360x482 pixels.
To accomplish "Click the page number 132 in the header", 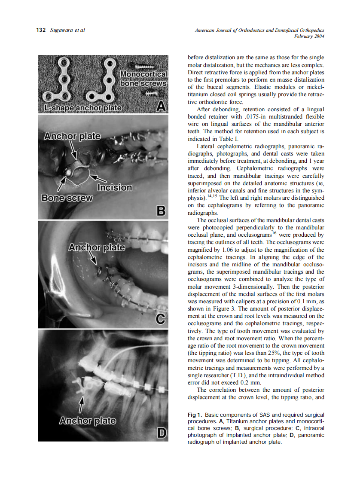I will click(x=41, y=30).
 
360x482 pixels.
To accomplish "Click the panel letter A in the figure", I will click(x=161, y=105).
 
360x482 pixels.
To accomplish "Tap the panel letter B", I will click(x=161, y=211).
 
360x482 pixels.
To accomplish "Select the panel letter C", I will click(x=161, y=320).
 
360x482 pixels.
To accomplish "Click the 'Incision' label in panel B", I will click(x=115, y=188).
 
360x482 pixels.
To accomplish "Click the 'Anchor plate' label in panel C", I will click(x=97, y=248).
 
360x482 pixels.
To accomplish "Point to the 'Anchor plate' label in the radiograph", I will click(x=87, y=420).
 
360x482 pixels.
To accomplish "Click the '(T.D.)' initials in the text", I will click(x=241, y=375).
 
